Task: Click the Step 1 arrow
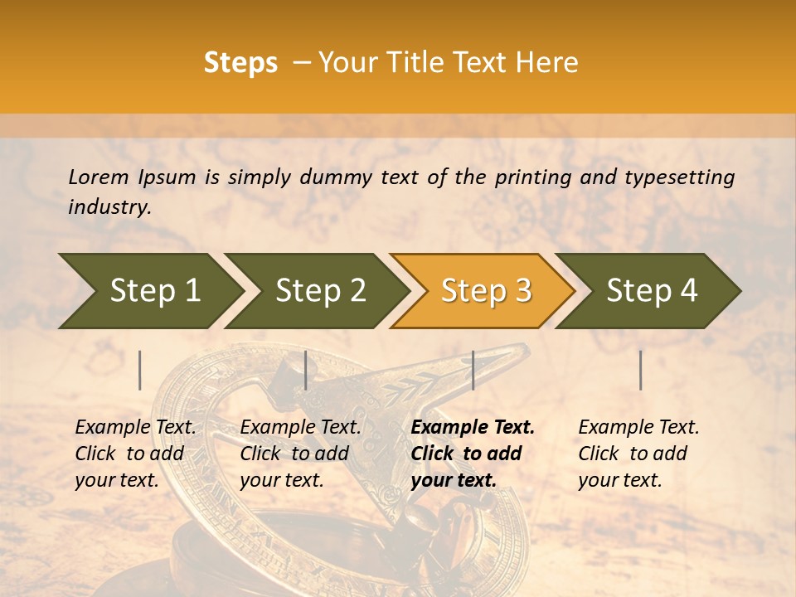[x=149, y=291]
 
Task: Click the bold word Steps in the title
[x=240, y=63]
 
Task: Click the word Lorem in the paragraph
[x=98, y=177]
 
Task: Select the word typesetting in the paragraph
[x=679, y=177]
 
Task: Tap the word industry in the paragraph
[x=109, y=206]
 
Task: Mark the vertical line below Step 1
[x=140, y=370]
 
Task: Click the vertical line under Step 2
[x=306, y=370]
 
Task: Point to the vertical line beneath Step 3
[x=473, y=370]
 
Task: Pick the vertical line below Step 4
[x=640, y=370]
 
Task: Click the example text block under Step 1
[x=135, y=454]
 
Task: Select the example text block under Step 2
[x=300, y=454]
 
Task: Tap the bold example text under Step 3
[x=473, y=454]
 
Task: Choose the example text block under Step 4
[x=638, y=454]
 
